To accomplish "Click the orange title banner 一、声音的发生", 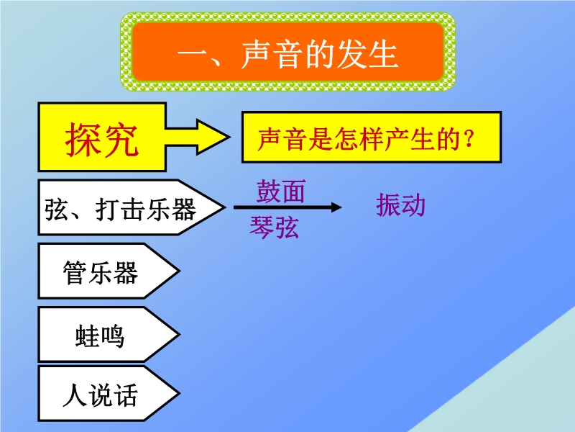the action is (x=288, y=52).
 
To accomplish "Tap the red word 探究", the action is (x=101, y=140).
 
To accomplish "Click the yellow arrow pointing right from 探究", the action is (x=198, y=137).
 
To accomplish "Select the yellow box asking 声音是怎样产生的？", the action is (x=372, y=137).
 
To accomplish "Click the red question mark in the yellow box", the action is (x=469, y=140).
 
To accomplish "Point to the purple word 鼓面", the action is (x=280, y=192).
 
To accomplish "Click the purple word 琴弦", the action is (x=274, y=227).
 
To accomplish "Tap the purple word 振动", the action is (x=400, y=204).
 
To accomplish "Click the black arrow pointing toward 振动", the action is (x=287, y=207).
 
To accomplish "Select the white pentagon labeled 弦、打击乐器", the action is (x=131, y=207).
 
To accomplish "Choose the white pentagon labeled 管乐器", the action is (x=109, y=271).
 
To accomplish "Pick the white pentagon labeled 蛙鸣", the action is (x=109, y=334).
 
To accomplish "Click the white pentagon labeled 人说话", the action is (x=109, y=393).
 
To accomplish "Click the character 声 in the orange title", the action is (x=256, y=55).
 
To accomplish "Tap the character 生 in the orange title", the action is (x=383, y=55).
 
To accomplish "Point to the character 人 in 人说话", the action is (x=75, y=395).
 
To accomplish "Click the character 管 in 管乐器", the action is (x=75, y=273).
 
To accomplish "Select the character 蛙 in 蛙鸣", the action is (x=87, y=336).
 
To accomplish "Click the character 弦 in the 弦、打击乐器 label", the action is (x=57, y=210).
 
